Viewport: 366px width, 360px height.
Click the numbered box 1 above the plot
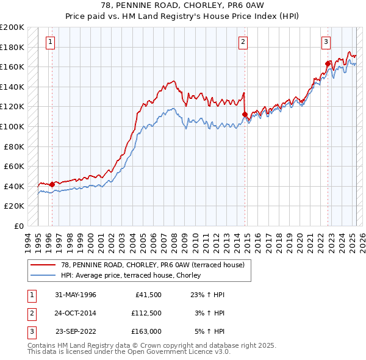[49, 42]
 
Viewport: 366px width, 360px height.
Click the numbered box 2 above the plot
[243, 42]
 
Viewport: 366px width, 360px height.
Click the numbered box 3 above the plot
[326, 42]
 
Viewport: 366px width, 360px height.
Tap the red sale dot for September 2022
[328, 63]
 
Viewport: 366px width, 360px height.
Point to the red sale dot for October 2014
[245, 114]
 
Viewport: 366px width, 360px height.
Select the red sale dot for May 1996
[52, 184]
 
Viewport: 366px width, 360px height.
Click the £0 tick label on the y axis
[19, 226]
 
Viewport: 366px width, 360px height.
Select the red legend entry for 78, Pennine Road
[152, 265]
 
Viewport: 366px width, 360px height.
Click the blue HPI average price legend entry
[131, 276]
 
